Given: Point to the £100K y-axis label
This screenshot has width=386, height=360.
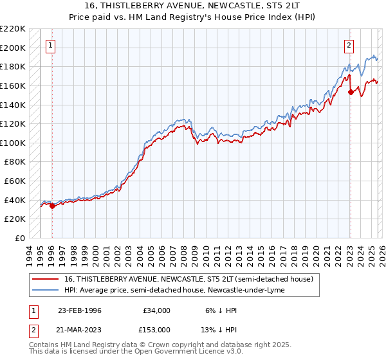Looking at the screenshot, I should pos(13,143).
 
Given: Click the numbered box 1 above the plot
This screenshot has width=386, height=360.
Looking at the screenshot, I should pos(50,45).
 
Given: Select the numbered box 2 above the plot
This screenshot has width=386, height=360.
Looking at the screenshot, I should pos(349,45).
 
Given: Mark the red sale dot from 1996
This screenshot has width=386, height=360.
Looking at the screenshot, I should pos(52,206).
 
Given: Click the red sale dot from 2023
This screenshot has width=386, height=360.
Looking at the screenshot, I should pos(351,93).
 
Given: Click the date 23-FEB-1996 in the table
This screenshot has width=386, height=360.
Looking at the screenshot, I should pos(81,310).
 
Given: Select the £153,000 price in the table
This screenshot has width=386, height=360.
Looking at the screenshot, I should pos(156,329).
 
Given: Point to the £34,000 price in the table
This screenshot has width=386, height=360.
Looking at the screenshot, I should pos(156,310).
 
